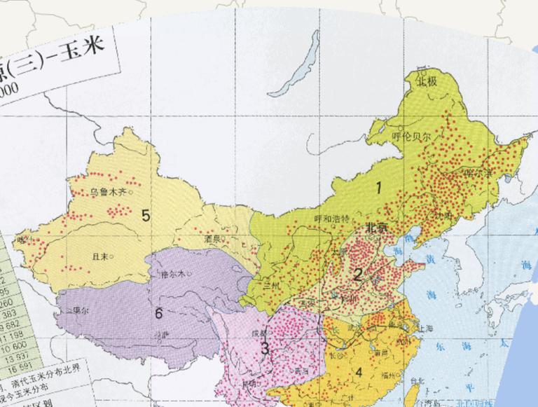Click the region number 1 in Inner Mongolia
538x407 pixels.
(x=379, y=187)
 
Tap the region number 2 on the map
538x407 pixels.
(x=357, y=275)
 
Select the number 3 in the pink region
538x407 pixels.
(x=265, y=348)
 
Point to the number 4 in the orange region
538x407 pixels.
(x=358, y=372)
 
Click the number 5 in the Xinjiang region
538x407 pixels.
(x=146, y=215)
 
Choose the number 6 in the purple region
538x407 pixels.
(x=158, y=313)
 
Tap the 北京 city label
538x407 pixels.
(x=376, y=228)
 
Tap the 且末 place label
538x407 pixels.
(x=100, y=257)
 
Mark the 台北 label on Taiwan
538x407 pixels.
(x=417, y=382)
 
